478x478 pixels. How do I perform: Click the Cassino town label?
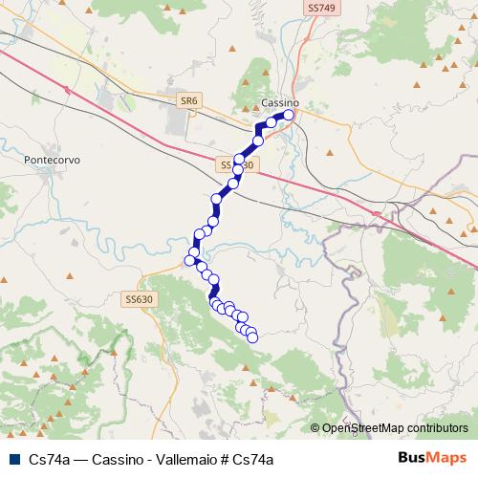coord(280,102)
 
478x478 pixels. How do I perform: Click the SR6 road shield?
coord(188,98)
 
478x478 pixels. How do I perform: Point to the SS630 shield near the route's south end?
coord(139,299)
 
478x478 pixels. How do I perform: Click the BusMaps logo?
coord(430,459)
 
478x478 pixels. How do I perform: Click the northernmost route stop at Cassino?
coord(288,115)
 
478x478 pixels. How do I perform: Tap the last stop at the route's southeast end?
coord(252,337)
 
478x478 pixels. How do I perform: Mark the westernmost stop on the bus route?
coord(189,259)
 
